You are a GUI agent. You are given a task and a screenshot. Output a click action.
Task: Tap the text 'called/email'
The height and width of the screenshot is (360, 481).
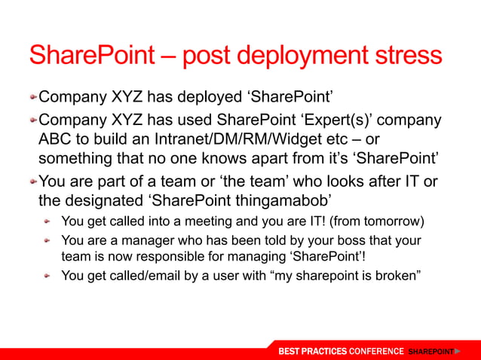point(141,276)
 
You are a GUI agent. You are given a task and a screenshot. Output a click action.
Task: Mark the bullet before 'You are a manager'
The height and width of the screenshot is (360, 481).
point(47,241)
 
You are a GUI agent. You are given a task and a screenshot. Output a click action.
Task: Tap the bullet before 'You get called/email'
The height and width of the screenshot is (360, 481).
point(47,276)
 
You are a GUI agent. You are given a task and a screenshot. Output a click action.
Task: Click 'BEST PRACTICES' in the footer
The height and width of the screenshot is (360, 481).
point(312,352)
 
